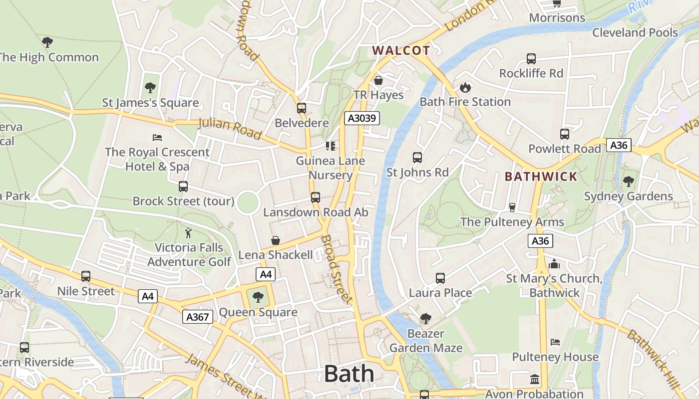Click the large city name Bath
click(x=349, y=374)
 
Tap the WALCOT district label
click(x=401, y=50)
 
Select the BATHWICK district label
click(x=541, y=177)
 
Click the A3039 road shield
click(x=362, y=118)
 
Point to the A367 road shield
click(x=197, y=317)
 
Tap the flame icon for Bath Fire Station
click(x=465, y=88)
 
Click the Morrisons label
click(x=557, y=18)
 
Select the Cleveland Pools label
click(x=635, y=33)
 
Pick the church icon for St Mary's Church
click(x=554, y=264)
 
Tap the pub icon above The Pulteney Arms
click(x=512, y=207)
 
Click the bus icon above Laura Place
click(x=440, y=278)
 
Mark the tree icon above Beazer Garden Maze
click(x=425, y=318)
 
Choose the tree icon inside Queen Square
click(x=258, y=298)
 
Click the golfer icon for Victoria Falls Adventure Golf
click(x=188, y=233)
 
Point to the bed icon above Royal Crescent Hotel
click(x=157, y=137)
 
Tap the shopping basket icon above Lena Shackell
click(x=275, y=240)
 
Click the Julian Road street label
click(x=230, y=128)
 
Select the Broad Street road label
click(x=337, y=269)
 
